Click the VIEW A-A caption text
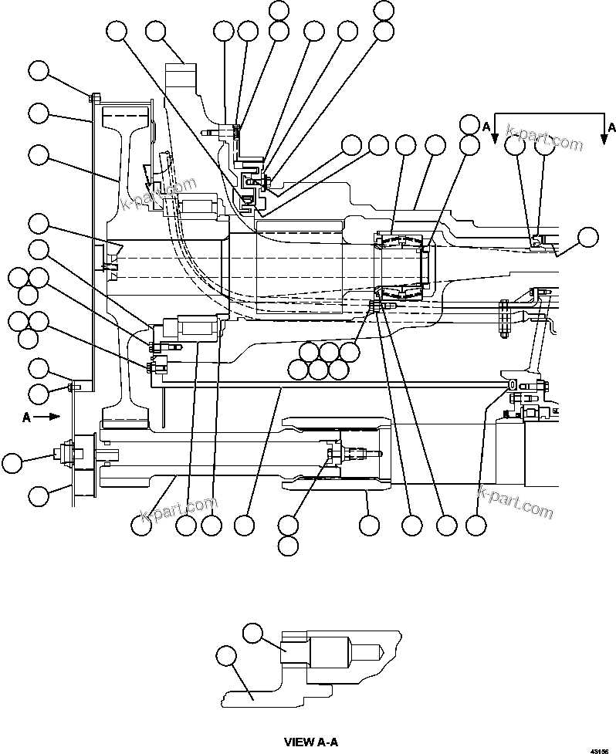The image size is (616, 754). tap(311, 742)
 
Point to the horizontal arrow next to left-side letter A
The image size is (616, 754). tap(48, 415)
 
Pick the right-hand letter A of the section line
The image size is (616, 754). tap(611, 126)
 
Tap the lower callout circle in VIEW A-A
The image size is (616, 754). tap(225, 657)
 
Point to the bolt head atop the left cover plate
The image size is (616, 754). tap(93, 97)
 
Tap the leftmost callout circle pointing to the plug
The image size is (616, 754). tap(12, 463)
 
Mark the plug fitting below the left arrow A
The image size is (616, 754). tap(66, 456)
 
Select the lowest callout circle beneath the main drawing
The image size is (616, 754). tap(288, 546)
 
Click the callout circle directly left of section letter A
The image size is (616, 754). tap(469, 123)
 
